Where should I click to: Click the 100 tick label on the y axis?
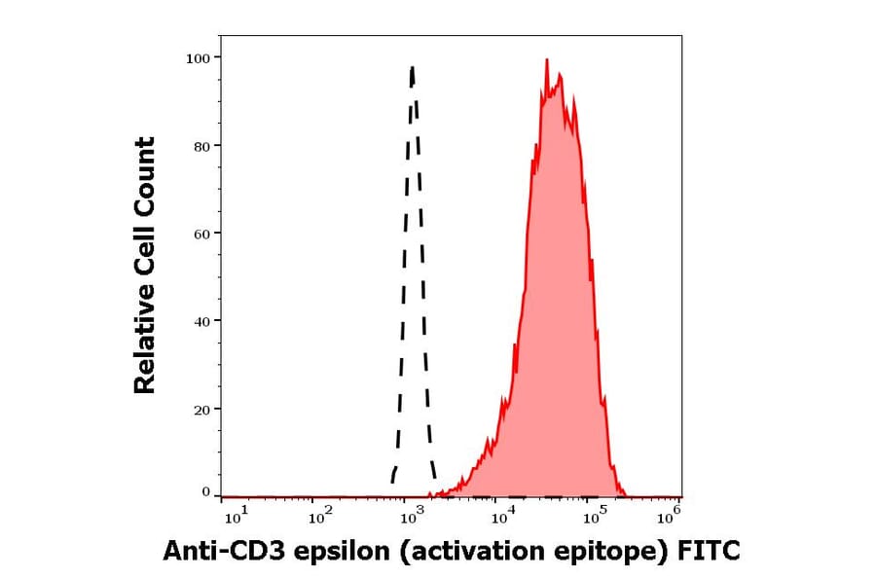198,58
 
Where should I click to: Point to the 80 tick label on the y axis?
201,146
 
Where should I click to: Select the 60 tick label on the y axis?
201,234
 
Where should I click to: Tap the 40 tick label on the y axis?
201,321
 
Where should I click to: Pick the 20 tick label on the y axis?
201,410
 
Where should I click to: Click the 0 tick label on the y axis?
205,492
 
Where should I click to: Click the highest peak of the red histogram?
547,59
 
